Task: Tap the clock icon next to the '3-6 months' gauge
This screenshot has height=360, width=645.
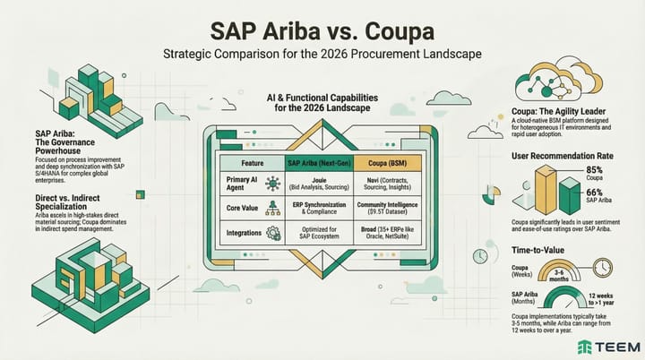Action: pos(602,268)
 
